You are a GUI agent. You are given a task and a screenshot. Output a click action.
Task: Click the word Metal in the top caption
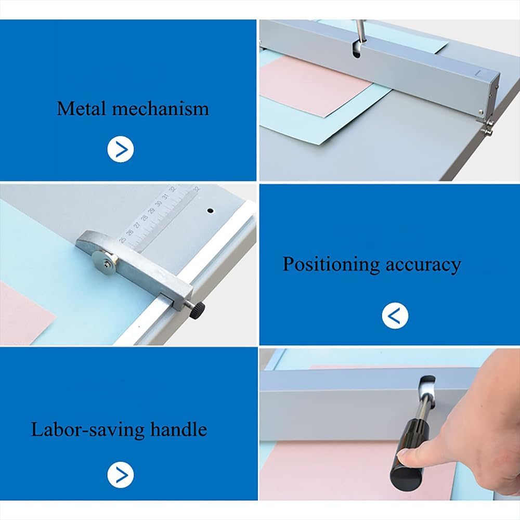pyautogui.click(x=81, y=109)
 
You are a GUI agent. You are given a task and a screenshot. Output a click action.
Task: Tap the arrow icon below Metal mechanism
pyautogui.click(x=121, y=149)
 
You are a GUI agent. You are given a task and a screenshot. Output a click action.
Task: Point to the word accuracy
pyautogui.click(x=423, y=264)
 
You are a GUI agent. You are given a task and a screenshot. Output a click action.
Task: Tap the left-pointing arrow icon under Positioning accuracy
pyautogui.click(x=395, y=315)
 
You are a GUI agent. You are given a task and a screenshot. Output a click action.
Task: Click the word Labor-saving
pyautogui.click(x=86, y=430)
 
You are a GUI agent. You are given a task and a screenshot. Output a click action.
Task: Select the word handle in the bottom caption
pyautogui.click(x=178, y=430)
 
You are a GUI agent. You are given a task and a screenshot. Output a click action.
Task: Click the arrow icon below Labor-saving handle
pyautogui.click(x=121, y=475)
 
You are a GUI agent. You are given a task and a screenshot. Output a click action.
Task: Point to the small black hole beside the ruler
pyautogui.click(x=211, y=211)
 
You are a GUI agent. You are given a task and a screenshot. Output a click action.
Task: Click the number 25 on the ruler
pyautogui.click(x=123, y=240)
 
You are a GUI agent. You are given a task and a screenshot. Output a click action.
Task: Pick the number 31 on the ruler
pyautogui.click(x=165, y=197)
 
